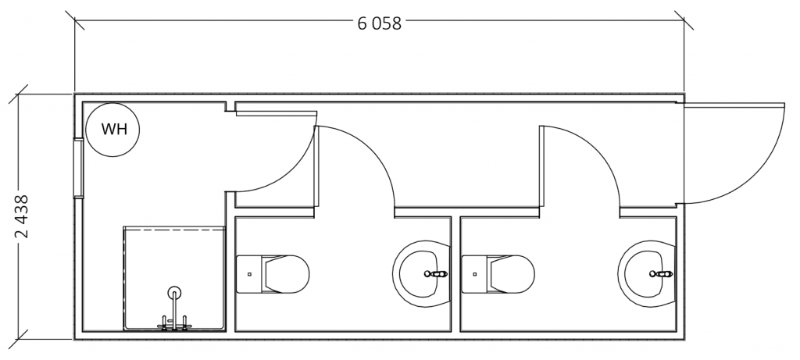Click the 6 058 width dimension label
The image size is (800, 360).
coord(379,23)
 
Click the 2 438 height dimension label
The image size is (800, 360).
coord(22,217)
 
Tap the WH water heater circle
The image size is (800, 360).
coord(112,130)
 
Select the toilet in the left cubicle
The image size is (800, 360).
coord(273,274)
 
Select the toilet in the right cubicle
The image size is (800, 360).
coord(498,274)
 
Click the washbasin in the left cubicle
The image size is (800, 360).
coord(422,274)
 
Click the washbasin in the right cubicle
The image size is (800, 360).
coord(647,274)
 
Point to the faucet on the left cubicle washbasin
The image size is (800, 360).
coord(436,274)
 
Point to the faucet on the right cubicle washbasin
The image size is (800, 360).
coord(661,274)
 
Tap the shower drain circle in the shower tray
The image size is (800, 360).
coord(174,293)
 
